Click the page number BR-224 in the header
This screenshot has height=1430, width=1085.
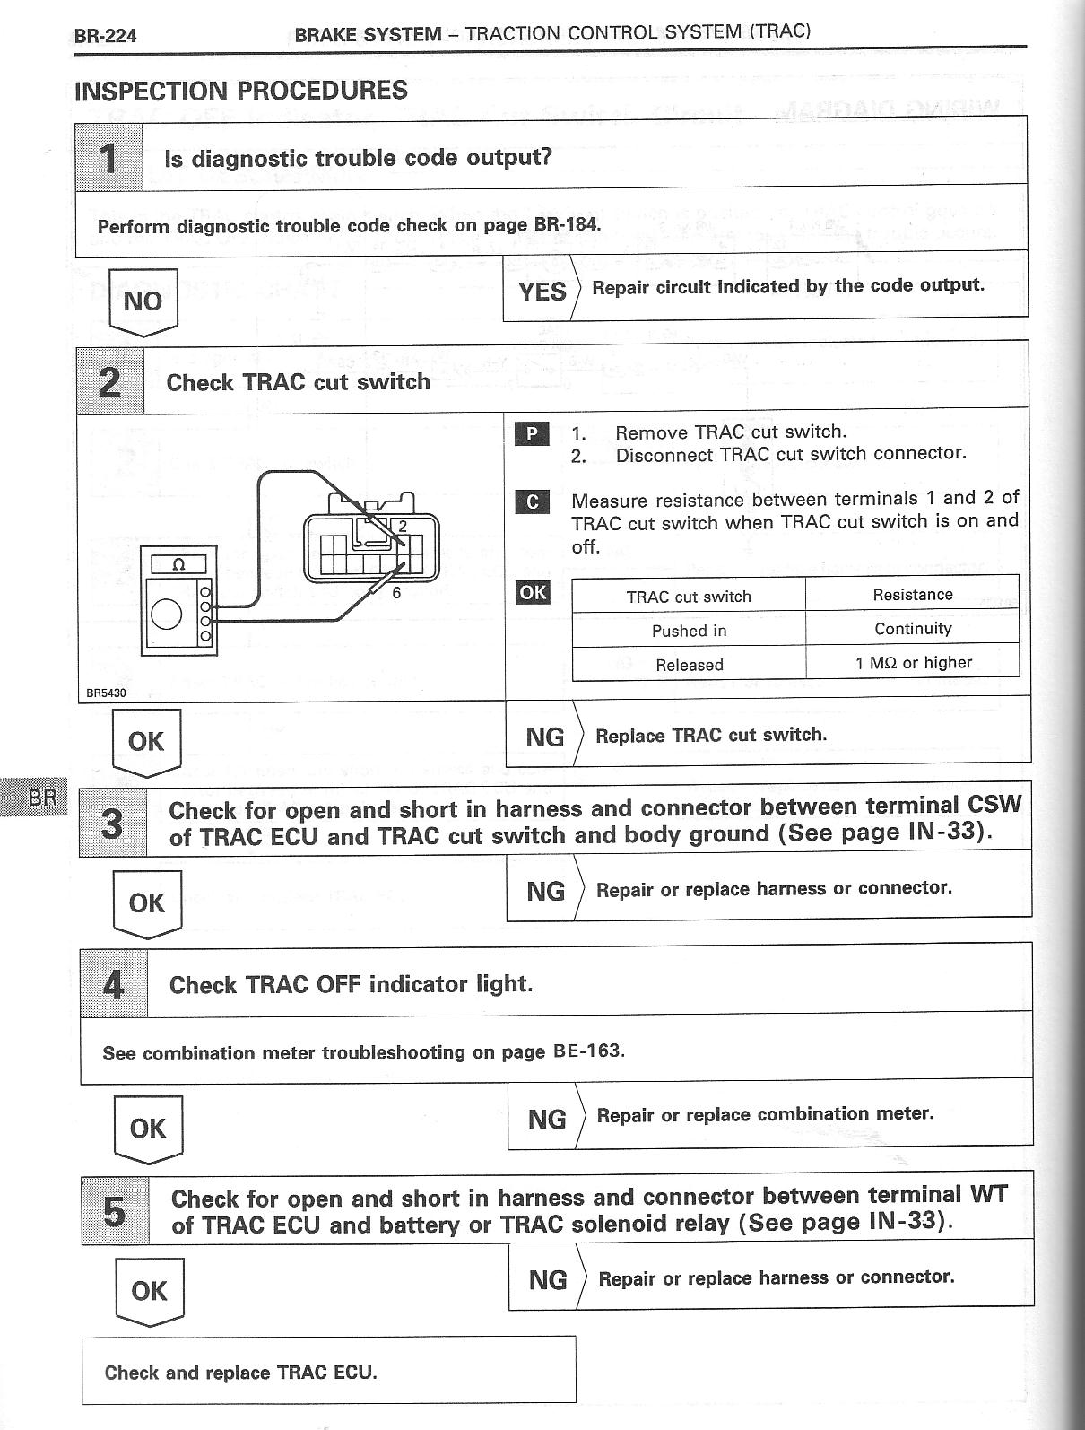click(x=105, y=37)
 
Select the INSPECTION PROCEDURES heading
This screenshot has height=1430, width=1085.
click(x=241, y=91)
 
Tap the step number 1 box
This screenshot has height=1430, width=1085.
click(x=108, y=158)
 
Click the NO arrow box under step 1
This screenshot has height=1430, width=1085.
click(x=143, y=301)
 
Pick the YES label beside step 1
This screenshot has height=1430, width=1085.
click(x=542, y=291)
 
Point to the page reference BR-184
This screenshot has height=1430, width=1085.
click(x=565, y=224)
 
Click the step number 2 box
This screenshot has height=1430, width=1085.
click(x=110, y=382)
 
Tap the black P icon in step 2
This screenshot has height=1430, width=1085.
click(x=532, y=434)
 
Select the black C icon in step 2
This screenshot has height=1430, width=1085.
click(x=532, y=501)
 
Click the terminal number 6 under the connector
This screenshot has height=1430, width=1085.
click(x=395, y=593)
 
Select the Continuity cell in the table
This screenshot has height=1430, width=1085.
click(x=912, y=629)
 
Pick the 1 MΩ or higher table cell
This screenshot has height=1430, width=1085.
click(x=913, y=663)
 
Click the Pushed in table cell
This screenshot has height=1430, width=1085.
click(x=689, y=631)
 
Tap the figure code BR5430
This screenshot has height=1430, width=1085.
click(x=106, y=693)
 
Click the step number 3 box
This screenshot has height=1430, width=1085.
click(x=112, y=823)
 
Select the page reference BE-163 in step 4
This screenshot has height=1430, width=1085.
click(x=588, y=1051)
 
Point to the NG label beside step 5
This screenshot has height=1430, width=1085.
click(x=547, y=1279)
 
